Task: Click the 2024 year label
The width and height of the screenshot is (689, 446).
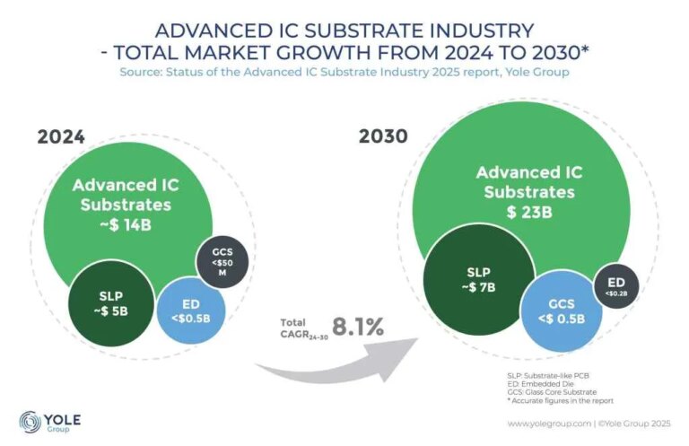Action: (60, 137)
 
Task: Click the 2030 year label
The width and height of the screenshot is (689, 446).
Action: (383, 137)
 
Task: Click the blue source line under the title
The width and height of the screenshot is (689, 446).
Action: (344, 70)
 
